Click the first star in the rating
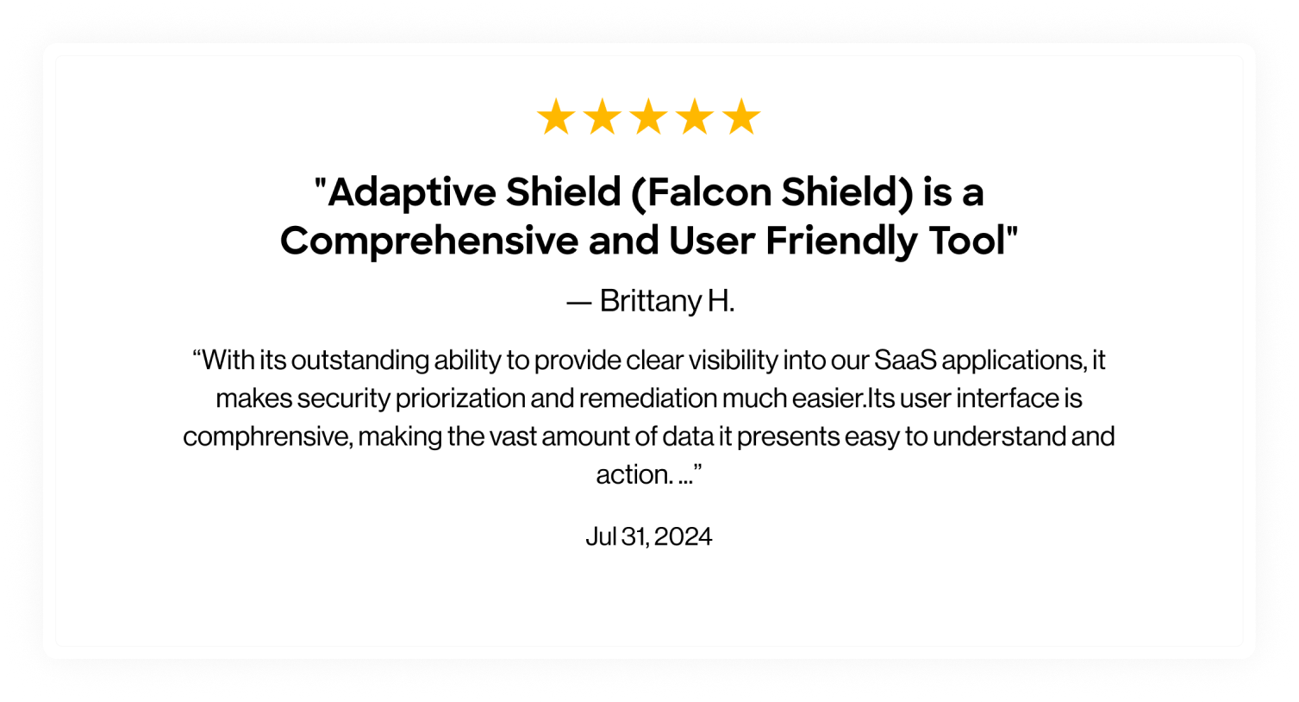[556, 116]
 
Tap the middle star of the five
[648, 116]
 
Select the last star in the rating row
[741, 116]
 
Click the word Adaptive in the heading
[412, 193]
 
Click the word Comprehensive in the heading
[429, 241]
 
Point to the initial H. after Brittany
[721, 301]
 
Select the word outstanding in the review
[360, 360]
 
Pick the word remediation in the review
[647, 398]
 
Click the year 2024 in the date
[684, 536]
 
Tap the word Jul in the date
[601, 536]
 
